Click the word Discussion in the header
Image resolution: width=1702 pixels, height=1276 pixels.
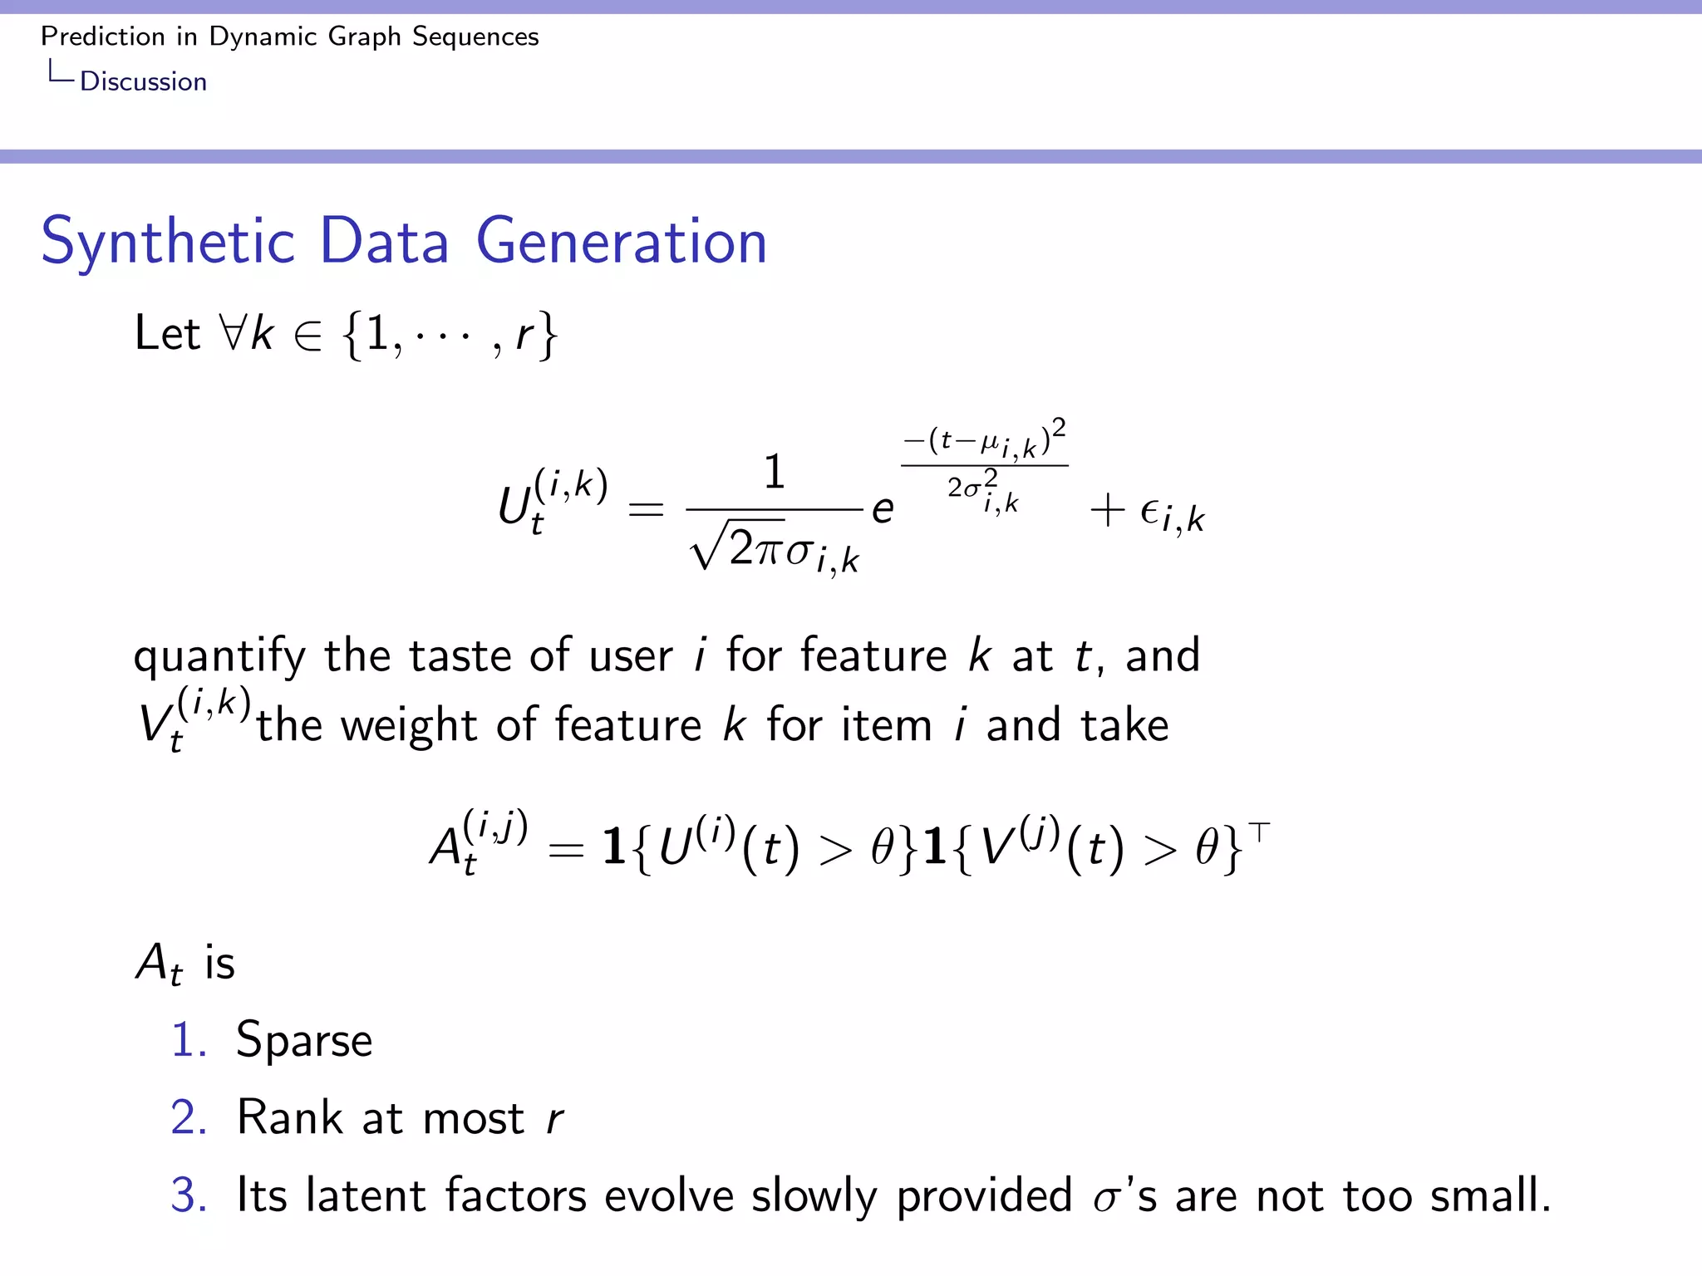[143, 81]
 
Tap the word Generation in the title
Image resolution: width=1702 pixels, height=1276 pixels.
[622, 242]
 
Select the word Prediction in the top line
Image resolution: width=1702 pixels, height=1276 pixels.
[103, 37]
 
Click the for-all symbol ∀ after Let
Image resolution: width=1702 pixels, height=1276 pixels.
[233, 334]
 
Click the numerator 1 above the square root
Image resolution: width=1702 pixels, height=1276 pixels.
[774, 472]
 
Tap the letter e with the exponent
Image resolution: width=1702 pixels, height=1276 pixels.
[883, 509]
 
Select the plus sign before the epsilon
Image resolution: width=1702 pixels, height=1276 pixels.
[1107, 509]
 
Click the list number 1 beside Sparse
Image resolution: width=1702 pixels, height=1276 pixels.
[187, 1040]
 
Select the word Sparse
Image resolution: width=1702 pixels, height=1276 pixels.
[304, 1041]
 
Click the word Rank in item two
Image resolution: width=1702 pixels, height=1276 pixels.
[289, 1117]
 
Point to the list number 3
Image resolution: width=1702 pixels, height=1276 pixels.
[188, 1195]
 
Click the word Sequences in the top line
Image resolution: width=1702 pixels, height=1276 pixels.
[475, 37]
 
